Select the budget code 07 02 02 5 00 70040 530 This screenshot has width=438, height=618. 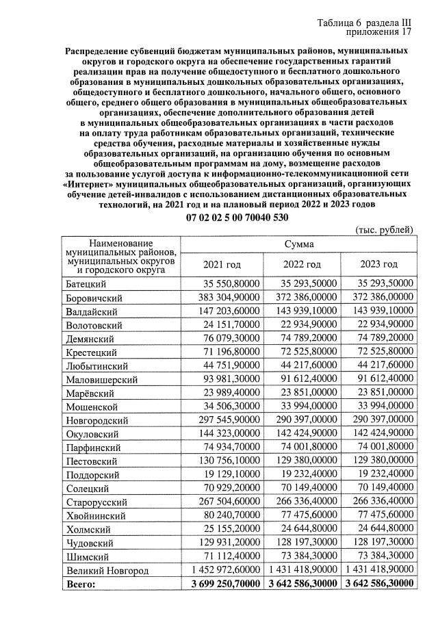(x=237, y=217)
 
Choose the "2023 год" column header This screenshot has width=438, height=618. (x=379, y=264)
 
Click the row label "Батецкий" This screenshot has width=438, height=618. (x=86, y=283)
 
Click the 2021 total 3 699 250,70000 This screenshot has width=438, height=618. (x=224, y=583)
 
